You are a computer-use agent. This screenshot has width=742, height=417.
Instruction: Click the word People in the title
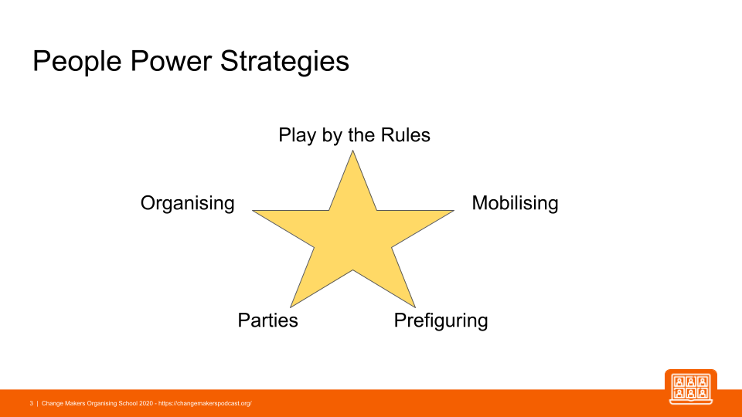coord(77,62)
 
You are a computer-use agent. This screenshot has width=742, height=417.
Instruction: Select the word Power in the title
coord(170,61)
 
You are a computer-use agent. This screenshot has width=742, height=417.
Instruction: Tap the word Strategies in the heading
coord(284,62)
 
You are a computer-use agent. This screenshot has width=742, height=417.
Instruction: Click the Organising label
coord(187,203)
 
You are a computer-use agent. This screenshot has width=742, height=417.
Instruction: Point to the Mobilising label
coord(515,203)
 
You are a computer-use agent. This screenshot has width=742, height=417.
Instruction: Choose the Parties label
coord(268,320)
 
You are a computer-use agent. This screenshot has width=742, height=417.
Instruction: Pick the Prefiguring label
coord(441,320)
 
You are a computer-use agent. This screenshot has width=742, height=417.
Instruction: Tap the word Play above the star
coord(297,136)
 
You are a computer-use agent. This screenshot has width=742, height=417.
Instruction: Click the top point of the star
coord(352,151)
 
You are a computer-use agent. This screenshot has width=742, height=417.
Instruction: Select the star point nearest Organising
coord(254,211)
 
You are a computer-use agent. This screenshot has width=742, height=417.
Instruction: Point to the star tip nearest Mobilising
coord(454,211)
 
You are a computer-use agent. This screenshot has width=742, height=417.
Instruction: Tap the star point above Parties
coord(291,307)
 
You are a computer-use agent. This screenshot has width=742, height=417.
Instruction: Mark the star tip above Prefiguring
coord(415,307)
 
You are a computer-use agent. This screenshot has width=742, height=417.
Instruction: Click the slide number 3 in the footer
coord(31,403)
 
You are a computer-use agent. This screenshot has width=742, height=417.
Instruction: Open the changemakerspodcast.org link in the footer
coord(205,403)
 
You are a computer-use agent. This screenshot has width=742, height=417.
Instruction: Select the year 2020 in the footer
coord(146,403)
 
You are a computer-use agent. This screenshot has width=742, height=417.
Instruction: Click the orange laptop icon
coord(691,387)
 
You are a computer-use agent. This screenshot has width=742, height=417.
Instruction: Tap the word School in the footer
coord(128,403)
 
